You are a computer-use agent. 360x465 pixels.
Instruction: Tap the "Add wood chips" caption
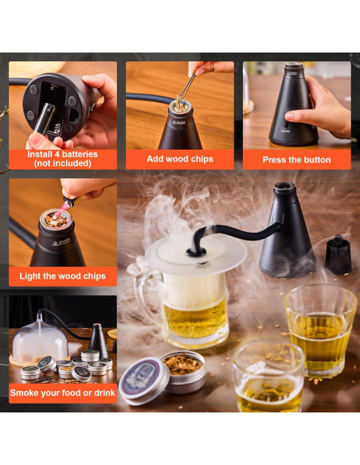pos(180,159)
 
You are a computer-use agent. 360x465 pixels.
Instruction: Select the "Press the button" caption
pos(296,159)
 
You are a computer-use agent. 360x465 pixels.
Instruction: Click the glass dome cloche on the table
pos(40,339)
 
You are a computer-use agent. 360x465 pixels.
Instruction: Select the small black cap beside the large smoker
pos(338,254)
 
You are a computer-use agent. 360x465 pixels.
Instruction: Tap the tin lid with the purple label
pos(143,379)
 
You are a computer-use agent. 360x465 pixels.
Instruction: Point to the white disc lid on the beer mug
pos(195,255)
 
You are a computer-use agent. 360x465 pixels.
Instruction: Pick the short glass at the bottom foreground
pos(268,377)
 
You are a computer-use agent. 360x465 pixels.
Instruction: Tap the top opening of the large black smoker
pos(284,189)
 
